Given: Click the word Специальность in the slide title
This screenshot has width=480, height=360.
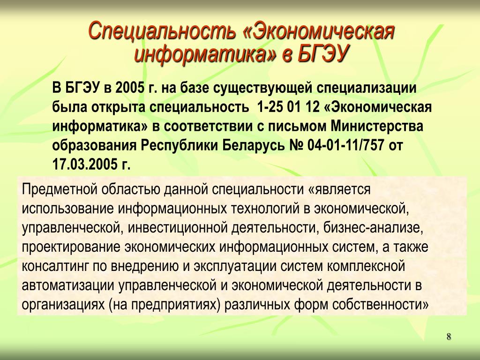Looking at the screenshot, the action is [162, 31].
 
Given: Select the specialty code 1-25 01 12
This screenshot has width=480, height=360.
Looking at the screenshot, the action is [288, 107].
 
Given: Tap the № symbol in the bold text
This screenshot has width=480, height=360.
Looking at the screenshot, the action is [296, 145].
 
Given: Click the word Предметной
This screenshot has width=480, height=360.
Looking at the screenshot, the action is [60, 189].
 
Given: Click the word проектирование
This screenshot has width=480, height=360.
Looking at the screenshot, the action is [71, 247].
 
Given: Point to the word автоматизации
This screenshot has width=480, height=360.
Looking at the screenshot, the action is [68, 286].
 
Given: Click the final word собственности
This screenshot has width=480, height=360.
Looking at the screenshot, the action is [380, 305].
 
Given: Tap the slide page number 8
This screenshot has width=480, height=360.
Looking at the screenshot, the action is [449, 337].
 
